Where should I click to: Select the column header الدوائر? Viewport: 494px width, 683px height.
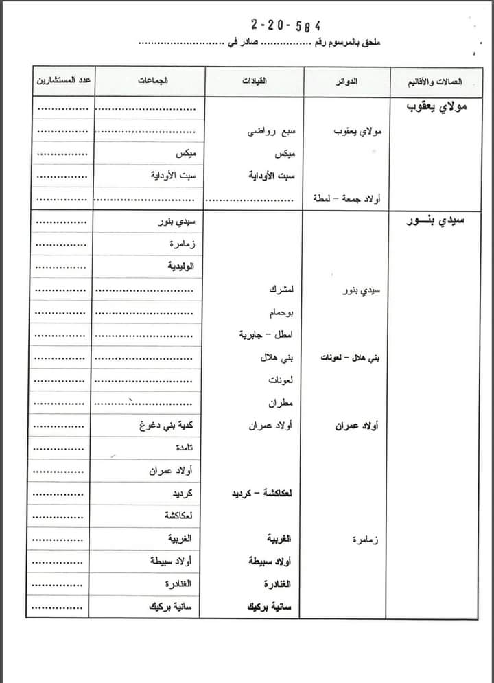[348, 81]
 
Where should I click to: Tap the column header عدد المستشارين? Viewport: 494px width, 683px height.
[63, 81]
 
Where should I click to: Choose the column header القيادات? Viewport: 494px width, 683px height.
[255, 81]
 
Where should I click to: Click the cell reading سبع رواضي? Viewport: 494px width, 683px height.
[272, 130]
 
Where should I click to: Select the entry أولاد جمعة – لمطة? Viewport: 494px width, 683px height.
[346, 198]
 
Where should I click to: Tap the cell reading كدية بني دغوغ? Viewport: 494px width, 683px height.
[166, 426]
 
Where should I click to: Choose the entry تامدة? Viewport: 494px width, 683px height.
[183, 448]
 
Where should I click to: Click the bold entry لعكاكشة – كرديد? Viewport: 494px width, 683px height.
[261, 493]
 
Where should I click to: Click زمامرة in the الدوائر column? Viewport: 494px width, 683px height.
[365, 539]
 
